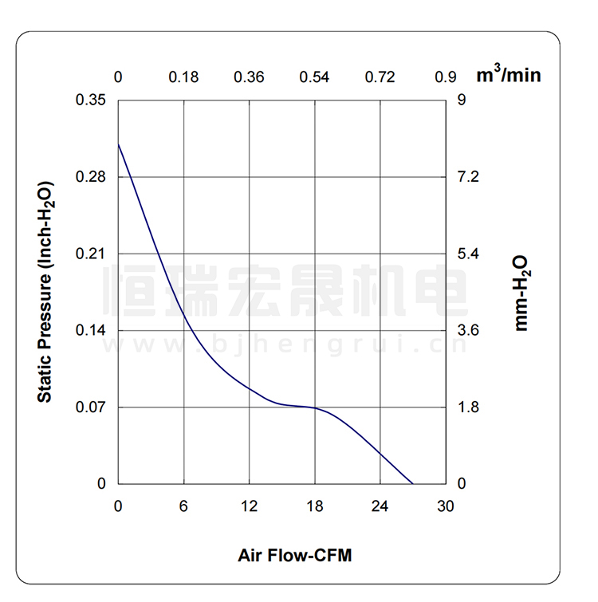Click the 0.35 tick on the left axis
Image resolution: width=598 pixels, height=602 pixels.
click(90, 100)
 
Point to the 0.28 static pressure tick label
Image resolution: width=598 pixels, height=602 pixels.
click(90, 177)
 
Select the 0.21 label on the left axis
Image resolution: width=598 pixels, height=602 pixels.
click(90, 254)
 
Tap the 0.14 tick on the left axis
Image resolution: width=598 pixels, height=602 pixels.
click(90, 330)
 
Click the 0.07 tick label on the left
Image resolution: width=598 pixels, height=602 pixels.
click(90, 407)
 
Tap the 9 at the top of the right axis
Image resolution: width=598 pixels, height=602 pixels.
click(461, 100)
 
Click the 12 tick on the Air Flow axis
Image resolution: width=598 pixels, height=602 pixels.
click(249, 506)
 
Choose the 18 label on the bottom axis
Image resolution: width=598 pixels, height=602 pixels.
click(314, 506)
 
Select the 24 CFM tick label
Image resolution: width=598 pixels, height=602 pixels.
click(380, 506)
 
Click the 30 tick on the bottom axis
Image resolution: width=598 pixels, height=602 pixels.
click(445, 506)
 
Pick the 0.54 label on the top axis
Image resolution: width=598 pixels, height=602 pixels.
click(314, 77)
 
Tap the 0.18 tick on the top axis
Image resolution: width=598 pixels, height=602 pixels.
click(183, 77)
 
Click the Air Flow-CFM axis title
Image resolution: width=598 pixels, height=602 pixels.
click(294, 555)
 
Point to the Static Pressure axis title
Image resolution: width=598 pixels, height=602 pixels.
click(45, 292)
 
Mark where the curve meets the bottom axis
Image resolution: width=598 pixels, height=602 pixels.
click(412, 483)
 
